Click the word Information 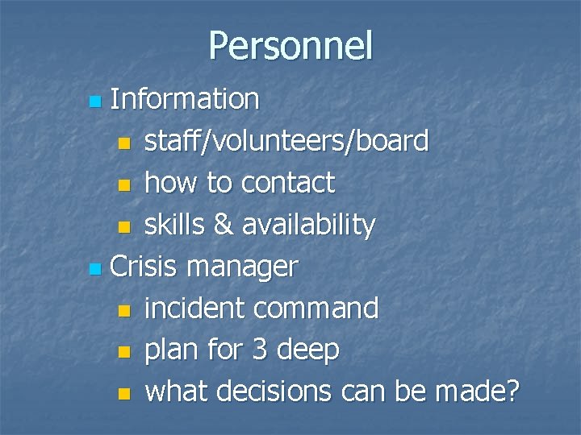(x=185, y=100)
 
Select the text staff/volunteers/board (x=286, y=142)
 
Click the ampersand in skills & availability (x=221, y=226)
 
